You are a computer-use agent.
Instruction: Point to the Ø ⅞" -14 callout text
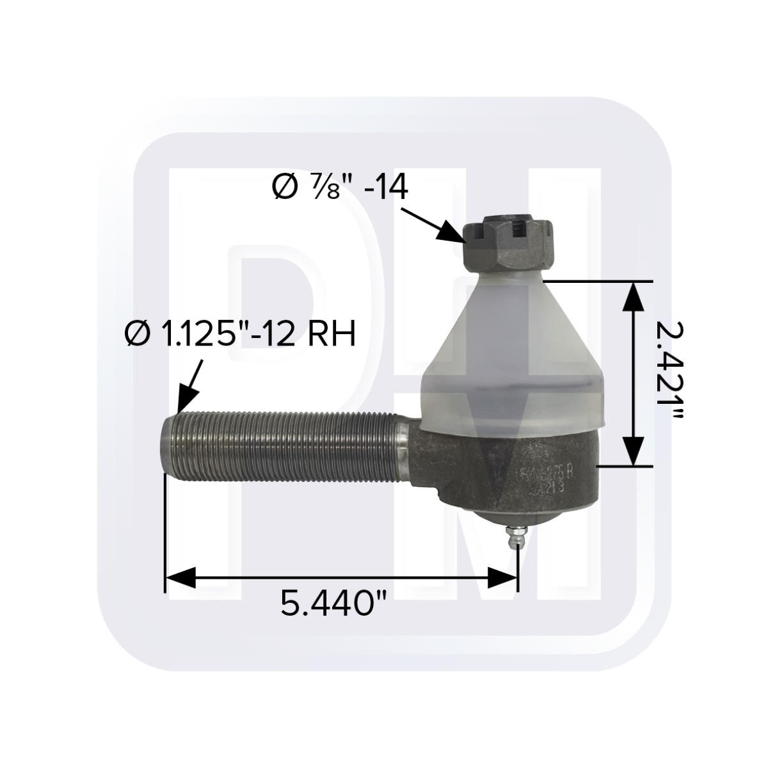[x=340, y=190]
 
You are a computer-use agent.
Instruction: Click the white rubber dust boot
[x=512, y=358]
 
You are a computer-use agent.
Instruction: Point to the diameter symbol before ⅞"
[x=283, y=190]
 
